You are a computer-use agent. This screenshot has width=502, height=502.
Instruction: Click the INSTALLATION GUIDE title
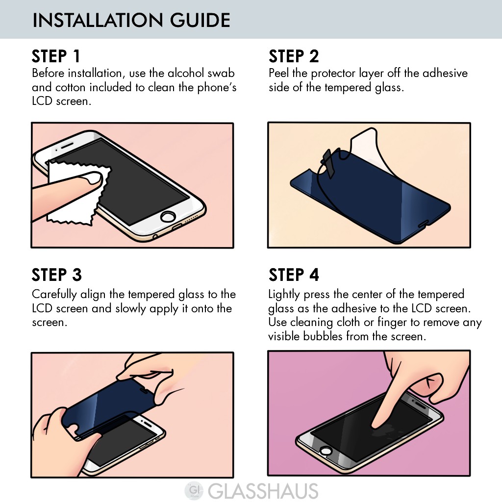coord(131,20)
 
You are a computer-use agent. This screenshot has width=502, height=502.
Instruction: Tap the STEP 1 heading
coord(56,56)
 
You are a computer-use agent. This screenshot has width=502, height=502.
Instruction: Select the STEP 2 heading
coord(294,56)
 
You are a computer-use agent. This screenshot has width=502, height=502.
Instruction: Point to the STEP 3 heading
coord(57,275)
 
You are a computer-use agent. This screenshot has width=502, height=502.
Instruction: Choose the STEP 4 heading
coord(294,275)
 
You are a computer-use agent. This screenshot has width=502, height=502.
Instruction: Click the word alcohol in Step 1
coord(186,73)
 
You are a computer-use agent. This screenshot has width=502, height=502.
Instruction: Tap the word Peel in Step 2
coord(278,73)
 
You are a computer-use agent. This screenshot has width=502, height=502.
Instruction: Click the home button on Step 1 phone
coord(168,217)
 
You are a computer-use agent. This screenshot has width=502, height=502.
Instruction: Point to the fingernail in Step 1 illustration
coord(92,177)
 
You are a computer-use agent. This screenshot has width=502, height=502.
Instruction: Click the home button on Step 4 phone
coord(326,451)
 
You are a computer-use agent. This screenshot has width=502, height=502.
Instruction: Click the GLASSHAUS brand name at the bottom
coord(263,491)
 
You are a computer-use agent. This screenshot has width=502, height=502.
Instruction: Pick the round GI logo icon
coord(194,491)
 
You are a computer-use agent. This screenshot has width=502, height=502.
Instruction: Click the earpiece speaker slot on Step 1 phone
coord(67,146)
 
